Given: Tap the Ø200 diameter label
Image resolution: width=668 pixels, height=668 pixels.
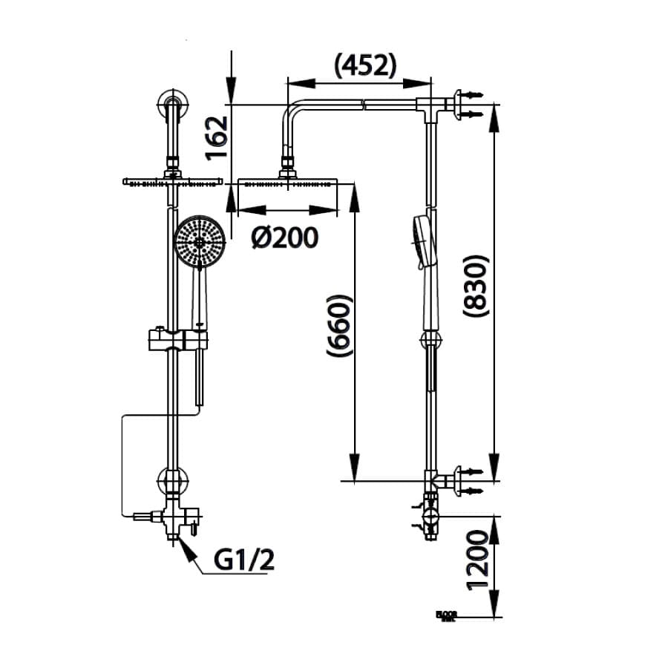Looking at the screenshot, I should (284, 238).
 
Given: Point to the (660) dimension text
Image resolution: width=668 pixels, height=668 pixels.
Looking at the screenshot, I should (338, 327).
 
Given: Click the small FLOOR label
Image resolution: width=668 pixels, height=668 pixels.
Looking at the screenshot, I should (446, 615).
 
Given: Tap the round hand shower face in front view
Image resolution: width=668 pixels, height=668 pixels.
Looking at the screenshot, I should (199, 241).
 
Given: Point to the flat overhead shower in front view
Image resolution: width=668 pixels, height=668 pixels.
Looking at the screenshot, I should (172, 181).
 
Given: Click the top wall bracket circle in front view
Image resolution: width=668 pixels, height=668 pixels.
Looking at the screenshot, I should (172, 105).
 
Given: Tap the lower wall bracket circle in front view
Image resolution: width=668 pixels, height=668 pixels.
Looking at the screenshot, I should (172, 481).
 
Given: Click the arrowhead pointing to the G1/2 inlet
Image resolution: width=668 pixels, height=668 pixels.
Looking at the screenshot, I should (183, 549).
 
